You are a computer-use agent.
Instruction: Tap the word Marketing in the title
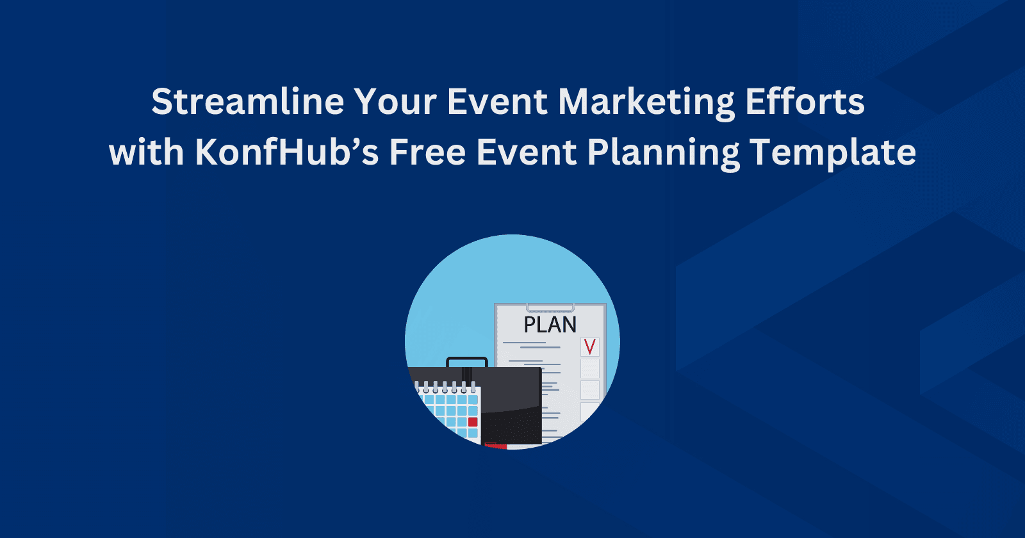646,102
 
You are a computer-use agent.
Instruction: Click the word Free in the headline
427,152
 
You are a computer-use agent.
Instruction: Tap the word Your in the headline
395,102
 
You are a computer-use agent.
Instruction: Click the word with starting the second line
146,152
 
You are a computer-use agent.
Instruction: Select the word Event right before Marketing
497,102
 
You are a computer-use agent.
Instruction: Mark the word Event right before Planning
527,152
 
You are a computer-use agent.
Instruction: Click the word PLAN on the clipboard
550,325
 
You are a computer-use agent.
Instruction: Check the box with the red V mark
589,347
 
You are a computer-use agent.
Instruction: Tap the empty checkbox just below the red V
589,369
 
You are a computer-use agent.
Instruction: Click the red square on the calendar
473,421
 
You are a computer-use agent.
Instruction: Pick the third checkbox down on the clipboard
589,390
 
